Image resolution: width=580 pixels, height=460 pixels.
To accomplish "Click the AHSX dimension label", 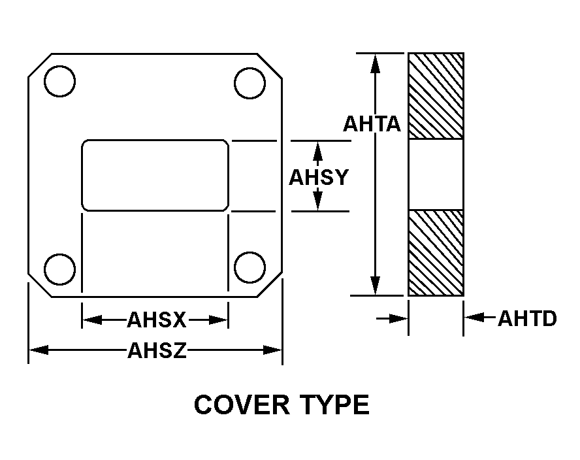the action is [x=157, y=320].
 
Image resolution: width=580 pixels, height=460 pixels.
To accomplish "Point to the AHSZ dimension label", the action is [x=157, y=350].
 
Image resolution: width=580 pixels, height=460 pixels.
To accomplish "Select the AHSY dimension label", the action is [x=319, y=177].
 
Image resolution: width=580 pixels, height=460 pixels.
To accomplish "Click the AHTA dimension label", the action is [x=372, y=123].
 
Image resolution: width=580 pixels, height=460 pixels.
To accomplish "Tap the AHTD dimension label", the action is [x=527, y=319].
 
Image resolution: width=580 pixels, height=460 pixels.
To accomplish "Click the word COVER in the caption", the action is [x=242, y=404].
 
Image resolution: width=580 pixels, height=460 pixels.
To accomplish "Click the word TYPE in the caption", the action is [x=335, y=404].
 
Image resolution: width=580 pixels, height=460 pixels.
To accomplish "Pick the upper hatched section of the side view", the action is [x=436, y=96].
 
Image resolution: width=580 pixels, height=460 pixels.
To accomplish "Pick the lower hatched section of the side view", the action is [x=436, y=253].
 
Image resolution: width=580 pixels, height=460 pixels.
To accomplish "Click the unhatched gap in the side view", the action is [x=436, y=174].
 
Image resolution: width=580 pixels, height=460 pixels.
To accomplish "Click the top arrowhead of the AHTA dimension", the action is [x=375, y=63].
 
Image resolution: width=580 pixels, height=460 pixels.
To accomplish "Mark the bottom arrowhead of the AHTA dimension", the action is [x=375, y=286].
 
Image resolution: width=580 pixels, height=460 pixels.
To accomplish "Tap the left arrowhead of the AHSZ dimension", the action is [x=39, y=350].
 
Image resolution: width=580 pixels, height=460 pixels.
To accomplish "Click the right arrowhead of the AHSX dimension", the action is [x=218, y=320].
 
